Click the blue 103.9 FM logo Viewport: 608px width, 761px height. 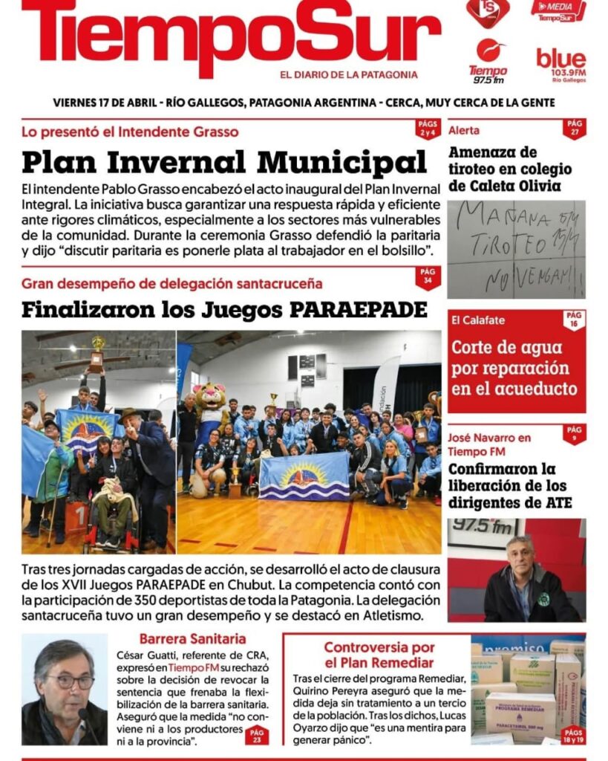tap(560, 64)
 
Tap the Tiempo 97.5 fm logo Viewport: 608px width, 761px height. tap(488, 62)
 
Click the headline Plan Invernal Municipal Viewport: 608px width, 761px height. tap(223, 161)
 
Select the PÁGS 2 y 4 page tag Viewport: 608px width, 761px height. tap(427, 129)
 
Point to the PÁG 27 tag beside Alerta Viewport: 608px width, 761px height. tap(574, 128)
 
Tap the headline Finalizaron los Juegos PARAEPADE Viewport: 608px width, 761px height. tap(223, 309)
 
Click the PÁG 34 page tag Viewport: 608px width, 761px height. tap(428, 277)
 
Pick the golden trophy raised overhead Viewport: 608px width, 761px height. tap(97, 352)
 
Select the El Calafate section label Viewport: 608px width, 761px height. tap(477, 320)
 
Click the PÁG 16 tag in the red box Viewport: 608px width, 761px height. tap(574, 320)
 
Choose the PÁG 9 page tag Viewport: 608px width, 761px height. tap(574, 433)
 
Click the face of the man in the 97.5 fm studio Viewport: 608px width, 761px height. tap(520, 557)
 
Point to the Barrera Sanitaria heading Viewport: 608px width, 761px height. tap(192, 638)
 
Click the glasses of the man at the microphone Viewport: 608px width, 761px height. tap(71, 681)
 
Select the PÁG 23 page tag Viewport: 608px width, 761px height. tap(257, 735)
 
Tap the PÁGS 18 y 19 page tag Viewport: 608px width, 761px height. tap(572, 735)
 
